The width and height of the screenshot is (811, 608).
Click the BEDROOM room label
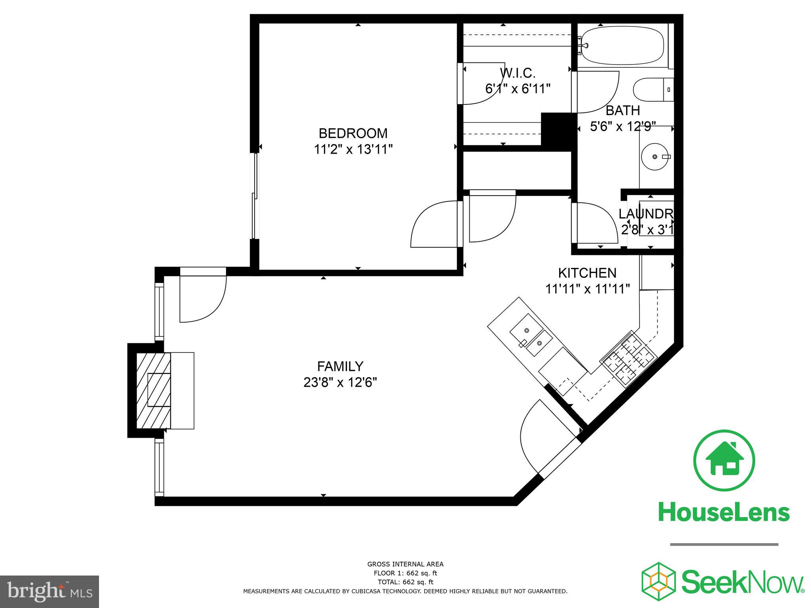point(353,133)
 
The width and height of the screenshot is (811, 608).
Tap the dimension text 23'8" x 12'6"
point(340,383)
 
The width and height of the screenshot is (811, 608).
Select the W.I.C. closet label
point(518,73)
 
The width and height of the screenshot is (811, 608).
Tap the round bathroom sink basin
point(655,157)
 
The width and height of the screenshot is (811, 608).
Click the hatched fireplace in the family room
point(154,390)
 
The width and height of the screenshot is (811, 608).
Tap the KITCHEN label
point(587,273)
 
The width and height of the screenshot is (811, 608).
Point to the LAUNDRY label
point(645,214)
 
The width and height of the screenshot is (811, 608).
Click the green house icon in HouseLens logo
point(724,460)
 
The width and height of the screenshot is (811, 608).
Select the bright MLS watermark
point(49,592)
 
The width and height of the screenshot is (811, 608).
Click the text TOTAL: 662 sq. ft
point(405,582)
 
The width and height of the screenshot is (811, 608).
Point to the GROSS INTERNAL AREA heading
point(405,564)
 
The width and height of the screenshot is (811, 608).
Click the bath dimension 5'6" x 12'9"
point(623,127)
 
